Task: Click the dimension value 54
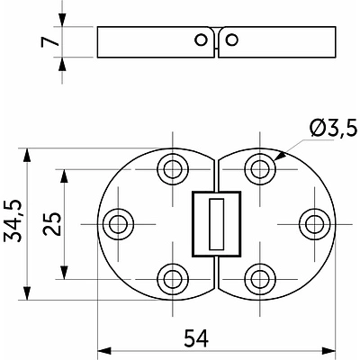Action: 196,338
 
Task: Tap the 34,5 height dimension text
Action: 13,220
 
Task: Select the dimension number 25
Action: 52,224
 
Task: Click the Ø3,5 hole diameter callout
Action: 333,128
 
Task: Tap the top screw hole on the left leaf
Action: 173,169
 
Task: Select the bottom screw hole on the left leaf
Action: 173,279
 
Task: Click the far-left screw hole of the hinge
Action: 118,224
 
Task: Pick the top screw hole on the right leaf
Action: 260,169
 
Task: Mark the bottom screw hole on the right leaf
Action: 260,279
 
